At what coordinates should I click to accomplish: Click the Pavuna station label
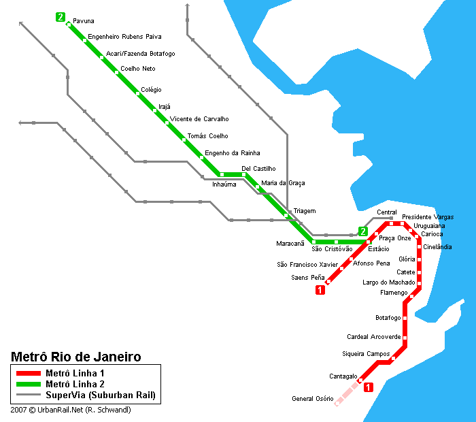point(84,22)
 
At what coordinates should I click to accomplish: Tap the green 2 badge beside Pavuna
point(61,17)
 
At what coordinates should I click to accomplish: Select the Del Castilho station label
point(258,168)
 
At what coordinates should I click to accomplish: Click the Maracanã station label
point(290,243)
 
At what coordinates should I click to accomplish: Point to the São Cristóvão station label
point(332,249)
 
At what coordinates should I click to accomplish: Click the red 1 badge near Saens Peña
point(320,291)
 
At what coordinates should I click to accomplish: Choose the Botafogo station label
point(388,318)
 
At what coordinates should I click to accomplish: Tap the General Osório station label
point(312,399)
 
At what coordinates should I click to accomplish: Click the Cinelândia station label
point(437,247)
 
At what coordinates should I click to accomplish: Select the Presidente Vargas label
point(428,217)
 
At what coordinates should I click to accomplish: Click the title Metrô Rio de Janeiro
point(76,357)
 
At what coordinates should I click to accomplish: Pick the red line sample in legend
point(29,374)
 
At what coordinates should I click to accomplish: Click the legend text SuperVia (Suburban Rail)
point(100,395)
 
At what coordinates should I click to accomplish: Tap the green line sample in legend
point(29,385)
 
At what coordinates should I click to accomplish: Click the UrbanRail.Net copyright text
point(71,410)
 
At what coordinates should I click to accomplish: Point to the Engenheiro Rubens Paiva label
point(124,37)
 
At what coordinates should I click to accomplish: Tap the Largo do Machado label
point(389,282)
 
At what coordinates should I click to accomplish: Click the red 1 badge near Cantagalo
point(369,388)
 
